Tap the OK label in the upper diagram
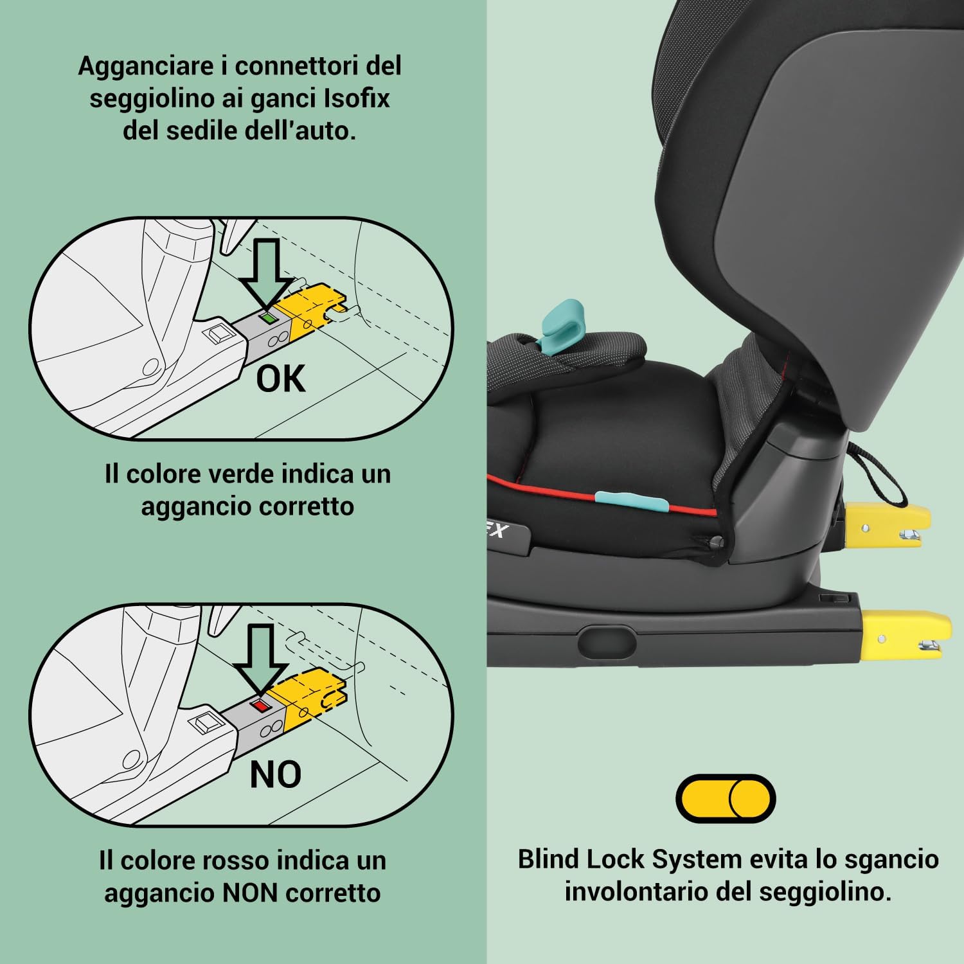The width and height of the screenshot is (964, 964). pos(281,379)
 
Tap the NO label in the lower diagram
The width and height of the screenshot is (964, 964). pos(276,774)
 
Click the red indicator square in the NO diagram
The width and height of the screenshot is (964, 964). pos(260,705)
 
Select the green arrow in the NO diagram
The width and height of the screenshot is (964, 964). pos(260,659)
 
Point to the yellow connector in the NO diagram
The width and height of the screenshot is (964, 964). pos(307,697)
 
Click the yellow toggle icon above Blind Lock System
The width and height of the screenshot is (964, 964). pos(726,798)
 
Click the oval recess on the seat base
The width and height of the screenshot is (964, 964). pos(606,641)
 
